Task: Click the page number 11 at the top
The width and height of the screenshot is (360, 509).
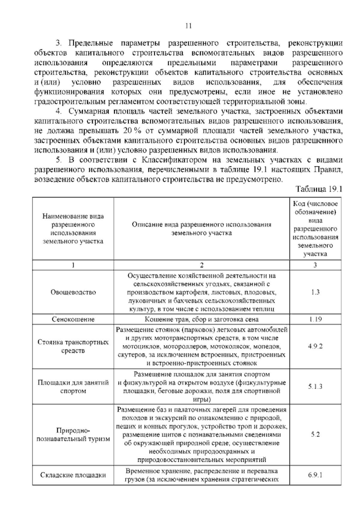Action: [188, 26]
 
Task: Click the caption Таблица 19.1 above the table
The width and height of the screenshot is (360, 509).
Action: [319, 189]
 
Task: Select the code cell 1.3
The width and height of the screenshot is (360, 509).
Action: [315, 292]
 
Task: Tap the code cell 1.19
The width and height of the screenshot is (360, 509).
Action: [315, 319]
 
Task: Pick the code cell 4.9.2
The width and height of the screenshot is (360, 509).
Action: [315, 346]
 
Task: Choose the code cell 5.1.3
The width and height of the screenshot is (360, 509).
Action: [315, 387]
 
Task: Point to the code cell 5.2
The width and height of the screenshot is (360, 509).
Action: [315, 435]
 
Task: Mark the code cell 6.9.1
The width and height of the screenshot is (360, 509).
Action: [315, 475]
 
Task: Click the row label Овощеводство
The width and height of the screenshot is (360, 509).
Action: [73, 292]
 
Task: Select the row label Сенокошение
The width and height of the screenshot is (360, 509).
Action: [73, 319]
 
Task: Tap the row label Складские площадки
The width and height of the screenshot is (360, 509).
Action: [73, 475]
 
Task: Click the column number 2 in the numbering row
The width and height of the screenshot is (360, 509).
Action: [202, 265]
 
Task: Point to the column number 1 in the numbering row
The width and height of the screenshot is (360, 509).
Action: [73, 265]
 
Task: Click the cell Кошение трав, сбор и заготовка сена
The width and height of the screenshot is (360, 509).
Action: [202, 319]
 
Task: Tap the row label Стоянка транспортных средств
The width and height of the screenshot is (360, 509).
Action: [73, 346]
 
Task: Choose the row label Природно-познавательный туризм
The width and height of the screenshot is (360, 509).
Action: [73, 435]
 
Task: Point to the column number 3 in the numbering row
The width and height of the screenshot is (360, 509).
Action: [315, 265]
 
